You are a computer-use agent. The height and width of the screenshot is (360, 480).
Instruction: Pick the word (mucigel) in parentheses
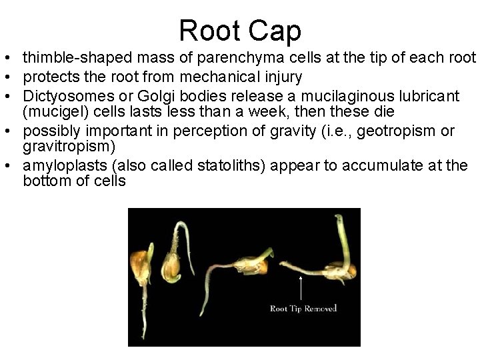53,109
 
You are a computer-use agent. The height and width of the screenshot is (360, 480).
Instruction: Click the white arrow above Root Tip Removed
301,287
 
